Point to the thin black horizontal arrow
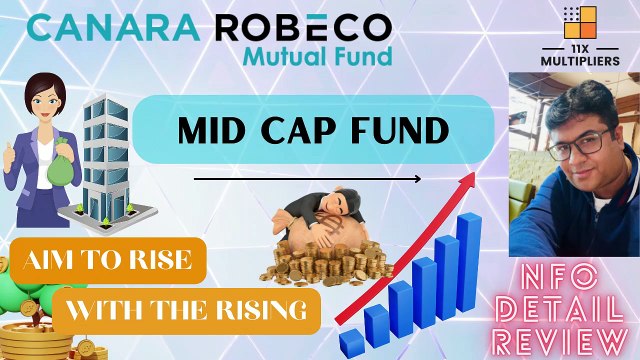click(x=306, y=180)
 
